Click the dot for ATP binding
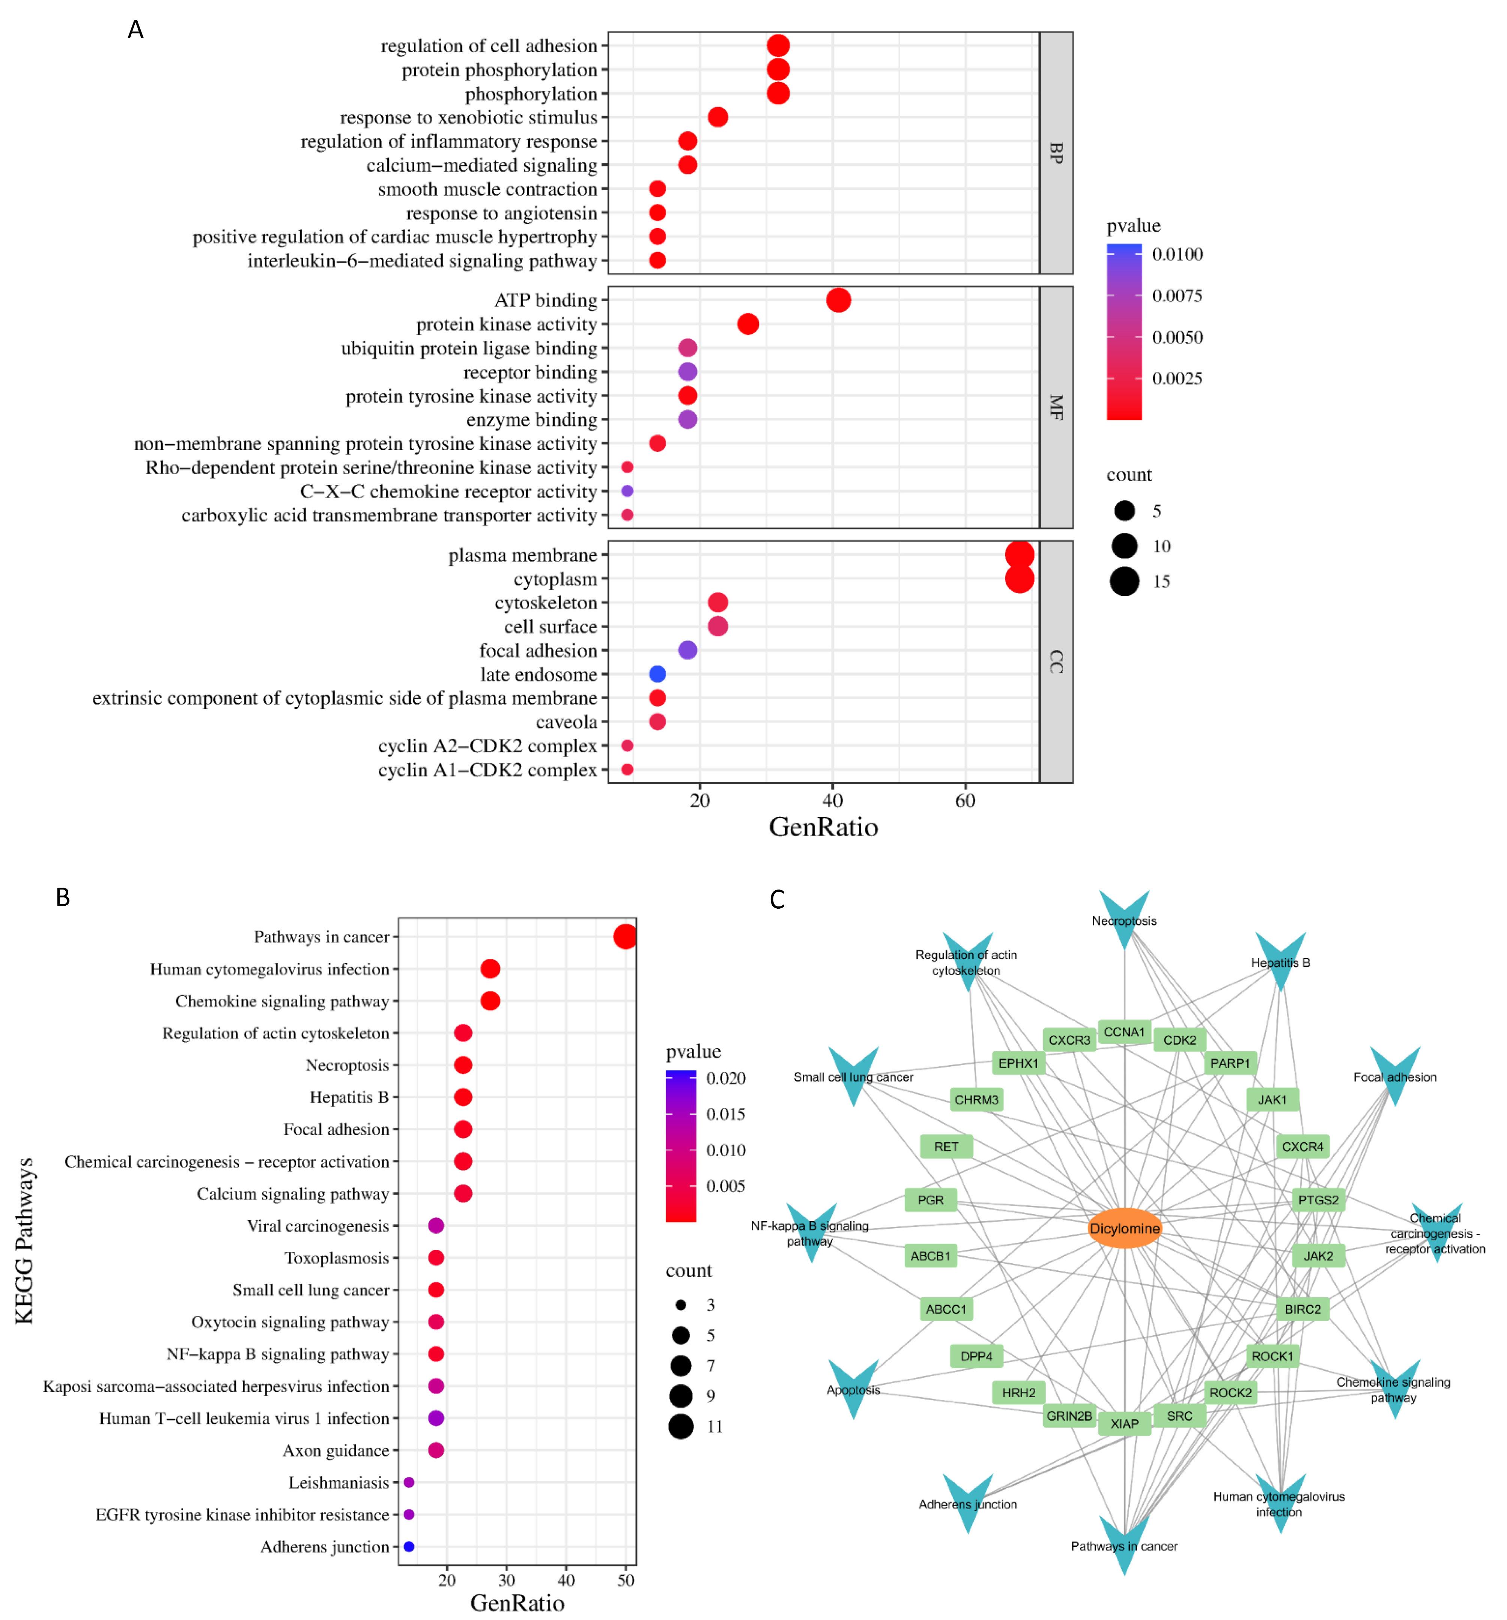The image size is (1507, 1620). (838, 300)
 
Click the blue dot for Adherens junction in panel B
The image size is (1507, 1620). (408, 1546)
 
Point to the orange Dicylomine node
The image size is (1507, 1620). (1124, 1228)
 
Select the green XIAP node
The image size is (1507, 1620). (1124, 1423)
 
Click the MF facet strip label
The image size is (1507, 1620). (1056, 407)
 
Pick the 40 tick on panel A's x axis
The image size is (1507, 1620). (832, 800)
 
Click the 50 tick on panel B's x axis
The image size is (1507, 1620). (625, 1579)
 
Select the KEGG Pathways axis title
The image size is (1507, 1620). (24, 1240)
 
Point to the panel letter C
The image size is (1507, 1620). (777, 899)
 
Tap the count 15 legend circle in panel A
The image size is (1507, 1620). (1124, 581)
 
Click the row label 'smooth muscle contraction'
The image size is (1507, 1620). (487, 189)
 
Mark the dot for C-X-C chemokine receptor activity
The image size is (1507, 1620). (627, 491)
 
